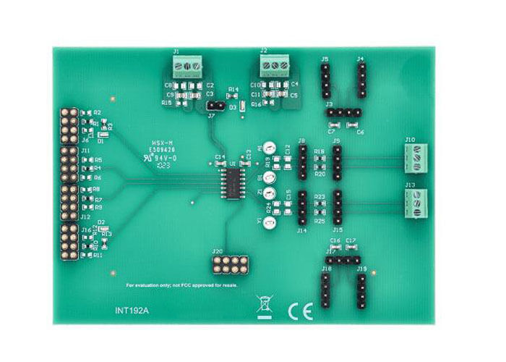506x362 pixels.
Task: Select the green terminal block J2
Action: pyautogui.click(x=275, y=66)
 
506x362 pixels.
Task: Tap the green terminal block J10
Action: pyautogui.click(x=420, y=156)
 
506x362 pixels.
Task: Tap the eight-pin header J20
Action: pyautogui.click(x=228, y=264)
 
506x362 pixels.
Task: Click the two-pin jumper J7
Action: pyautogui.click(x=213, y=104)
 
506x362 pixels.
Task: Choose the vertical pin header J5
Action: pyautogui.click(x=326, y=80)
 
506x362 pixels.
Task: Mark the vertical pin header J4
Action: pyautogui.click(x=361, y=80)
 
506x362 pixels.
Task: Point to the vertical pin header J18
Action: pyautogui.click(x=326, y=288)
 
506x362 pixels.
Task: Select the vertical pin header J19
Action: pyautogui.click(x=361, y=288)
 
